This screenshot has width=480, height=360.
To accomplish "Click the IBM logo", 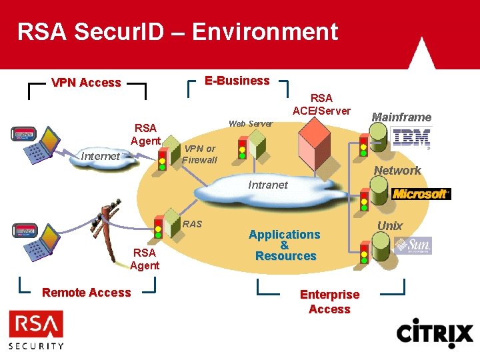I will (x=411, y=138).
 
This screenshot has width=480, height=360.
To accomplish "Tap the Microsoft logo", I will (x=421, y=193).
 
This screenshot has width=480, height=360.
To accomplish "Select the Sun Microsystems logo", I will (x=413, y=245).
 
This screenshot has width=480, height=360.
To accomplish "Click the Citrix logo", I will (x=434, y=333).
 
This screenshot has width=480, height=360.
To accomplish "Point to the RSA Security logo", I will (x=37, y=331).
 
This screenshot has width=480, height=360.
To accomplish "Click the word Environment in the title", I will (x=266, y=31).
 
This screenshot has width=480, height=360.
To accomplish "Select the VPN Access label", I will (x=87, y=83).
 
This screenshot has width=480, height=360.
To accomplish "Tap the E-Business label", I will (x=237, y=81).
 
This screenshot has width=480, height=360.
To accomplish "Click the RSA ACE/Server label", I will (x=321, y=104).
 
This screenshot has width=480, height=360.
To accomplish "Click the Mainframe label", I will (x=401, y=117).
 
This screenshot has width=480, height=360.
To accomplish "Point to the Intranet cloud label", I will (x=268, y=185).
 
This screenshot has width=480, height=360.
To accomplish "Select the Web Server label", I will (x=250, y=123).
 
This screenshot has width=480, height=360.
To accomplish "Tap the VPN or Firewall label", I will (x=200, y=154).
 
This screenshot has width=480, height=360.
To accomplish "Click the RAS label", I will (x=192, y=223).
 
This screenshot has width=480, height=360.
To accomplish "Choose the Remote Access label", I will (x=87, y=292).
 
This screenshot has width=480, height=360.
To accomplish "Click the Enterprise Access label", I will (x=329, y=301).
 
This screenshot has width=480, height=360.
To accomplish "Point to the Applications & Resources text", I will (x=285, y=245).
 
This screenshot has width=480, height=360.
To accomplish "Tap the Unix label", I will (x=390, y=225).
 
